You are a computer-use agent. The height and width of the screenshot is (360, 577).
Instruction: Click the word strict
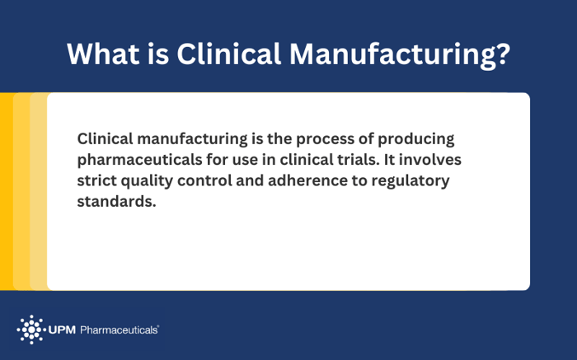pos(97,180)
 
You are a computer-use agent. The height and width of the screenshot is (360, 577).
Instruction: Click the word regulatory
pos(411,180)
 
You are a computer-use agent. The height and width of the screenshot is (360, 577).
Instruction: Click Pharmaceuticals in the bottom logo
pos(119,330)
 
